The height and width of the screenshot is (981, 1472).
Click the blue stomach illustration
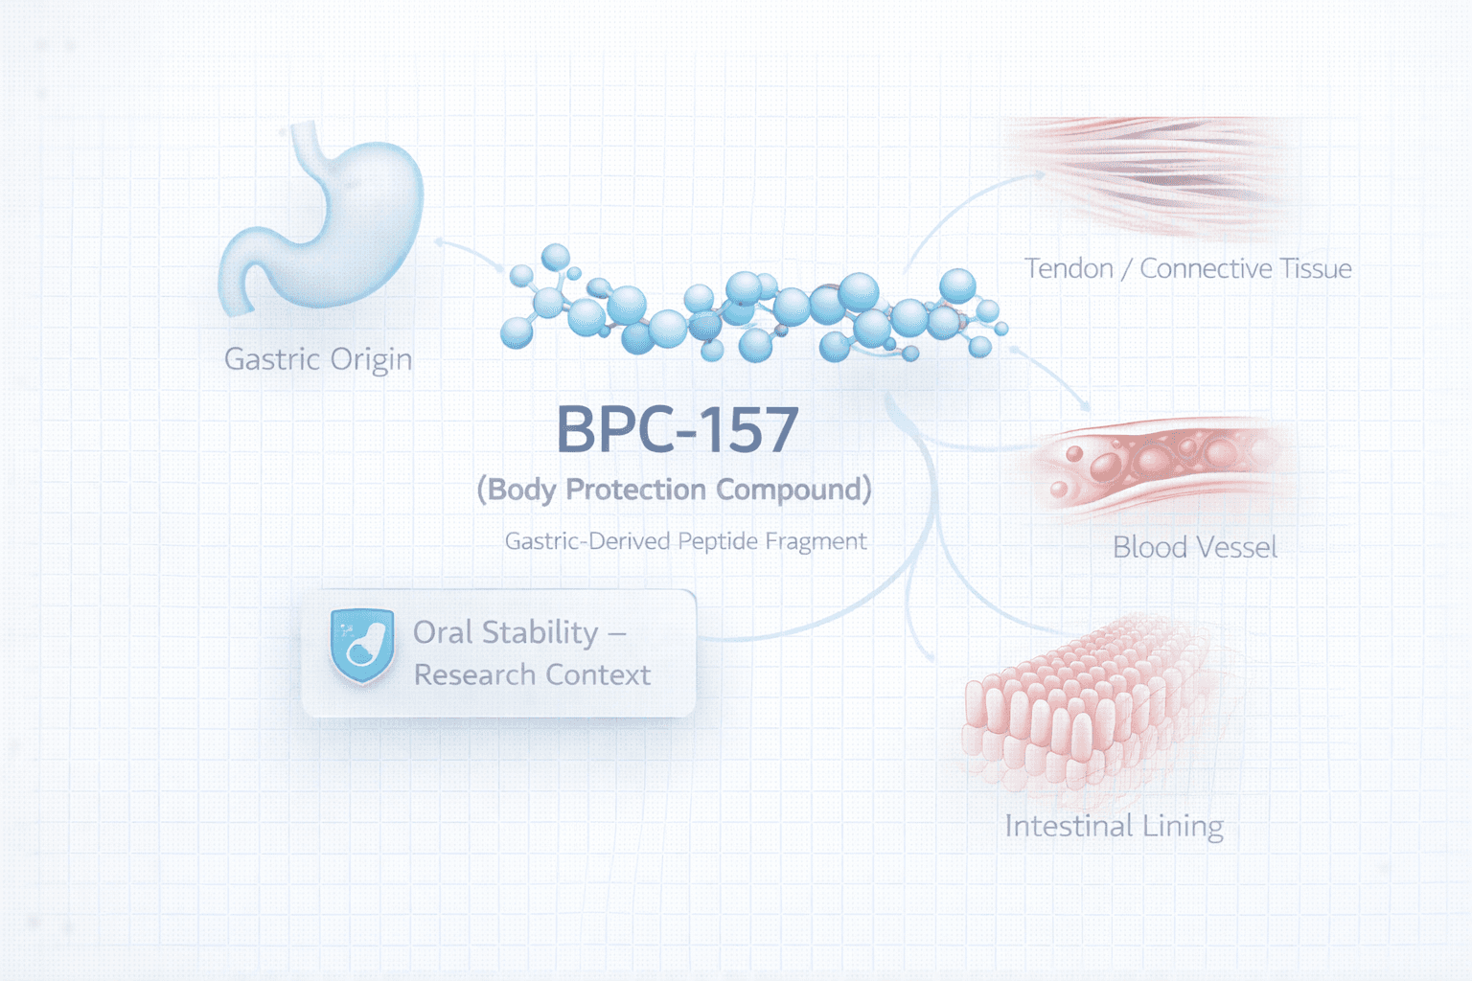pyautogui.click(x=326, y=225)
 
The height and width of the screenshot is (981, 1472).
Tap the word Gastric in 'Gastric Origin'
pyautogui.click(x=272, y=359)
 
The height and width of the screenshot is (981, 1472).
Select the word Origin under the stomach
pyautogui.click(x=372, y=361)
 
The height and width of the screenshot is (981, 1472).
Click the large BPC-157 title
pyautogui.click(x=678, y=429)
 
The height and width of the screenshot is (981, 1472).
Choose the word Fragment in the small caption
pyautogui.click(x=816, y=542)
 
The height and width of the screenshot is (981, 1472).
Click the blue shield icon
pyautogui.click(x=362, y=646)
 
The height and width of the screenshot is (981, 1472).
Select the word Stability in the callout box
pyautogui.click(x=540, y=633)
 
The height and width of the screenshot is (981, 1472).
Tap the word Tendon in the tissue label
pyautogui.click(x=1069, y=268)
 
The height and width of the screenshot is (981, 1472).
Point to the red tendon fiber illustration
pyautogui.click(x=1150, y=172)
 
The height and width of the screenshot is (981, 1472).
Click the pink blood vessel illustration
pyautogui.click(x=1160, y=465)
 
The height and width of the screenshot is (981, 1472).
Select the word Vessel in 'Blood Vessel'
pyautogui.click(x=1235, y=547)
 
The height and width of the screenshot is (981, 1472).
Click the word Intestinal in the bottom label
pyautogui.click(x=1068, y=826)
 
